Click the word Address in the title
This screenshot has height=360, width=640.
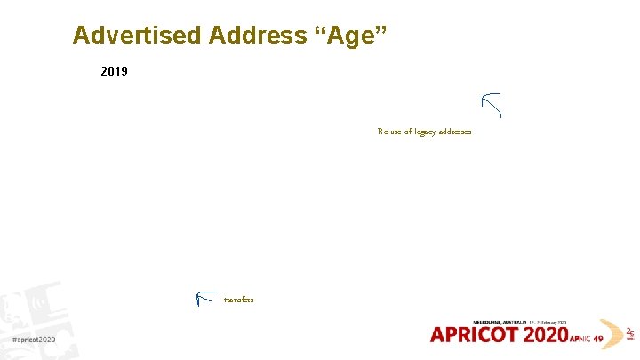259,36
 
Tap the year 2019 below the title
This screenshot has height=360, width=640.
115,70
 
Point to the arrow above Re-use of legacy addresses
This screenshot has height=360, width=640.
492,105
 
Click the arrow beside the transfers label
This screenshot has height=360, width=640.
205,299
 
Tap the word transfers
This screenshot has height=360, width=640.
239,300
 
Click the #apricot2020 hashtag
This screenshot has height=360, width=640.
34,340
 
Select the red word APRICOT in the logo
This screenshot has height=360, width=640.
476,335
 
